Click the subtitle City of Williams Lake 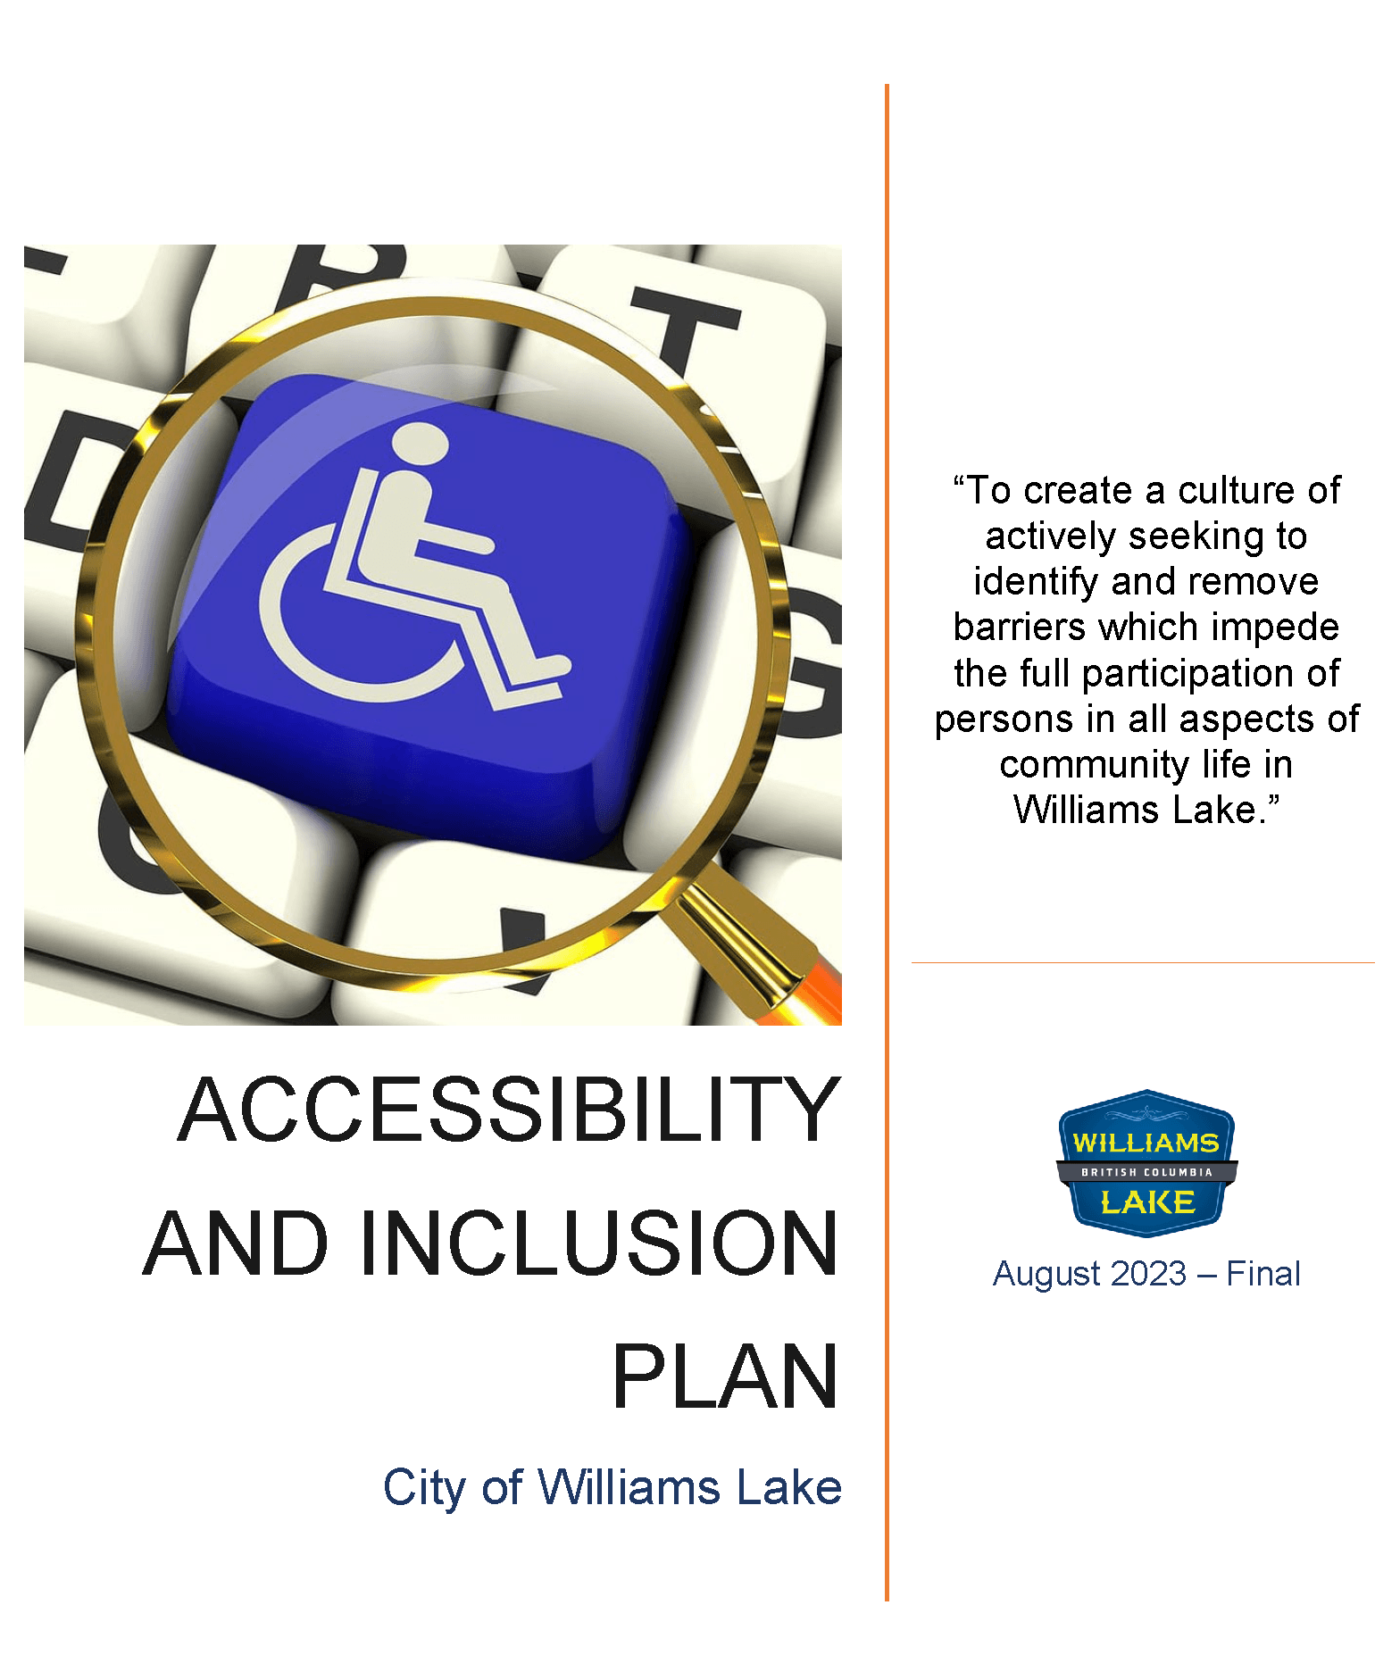(x=612, y=1488)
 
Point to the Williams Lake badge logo (x=1146, y=1163)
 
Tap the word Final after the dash (x=1262, y=1274)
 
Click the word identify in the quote (x=1036, y=582)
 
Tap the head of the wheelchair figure (x=420, y=445)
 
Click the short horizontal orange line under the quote (x=1142, y=962)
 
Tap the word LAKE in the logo (x=1147, y=1202)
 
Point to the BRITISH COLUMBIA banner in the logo (x=1146, y=1172)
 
